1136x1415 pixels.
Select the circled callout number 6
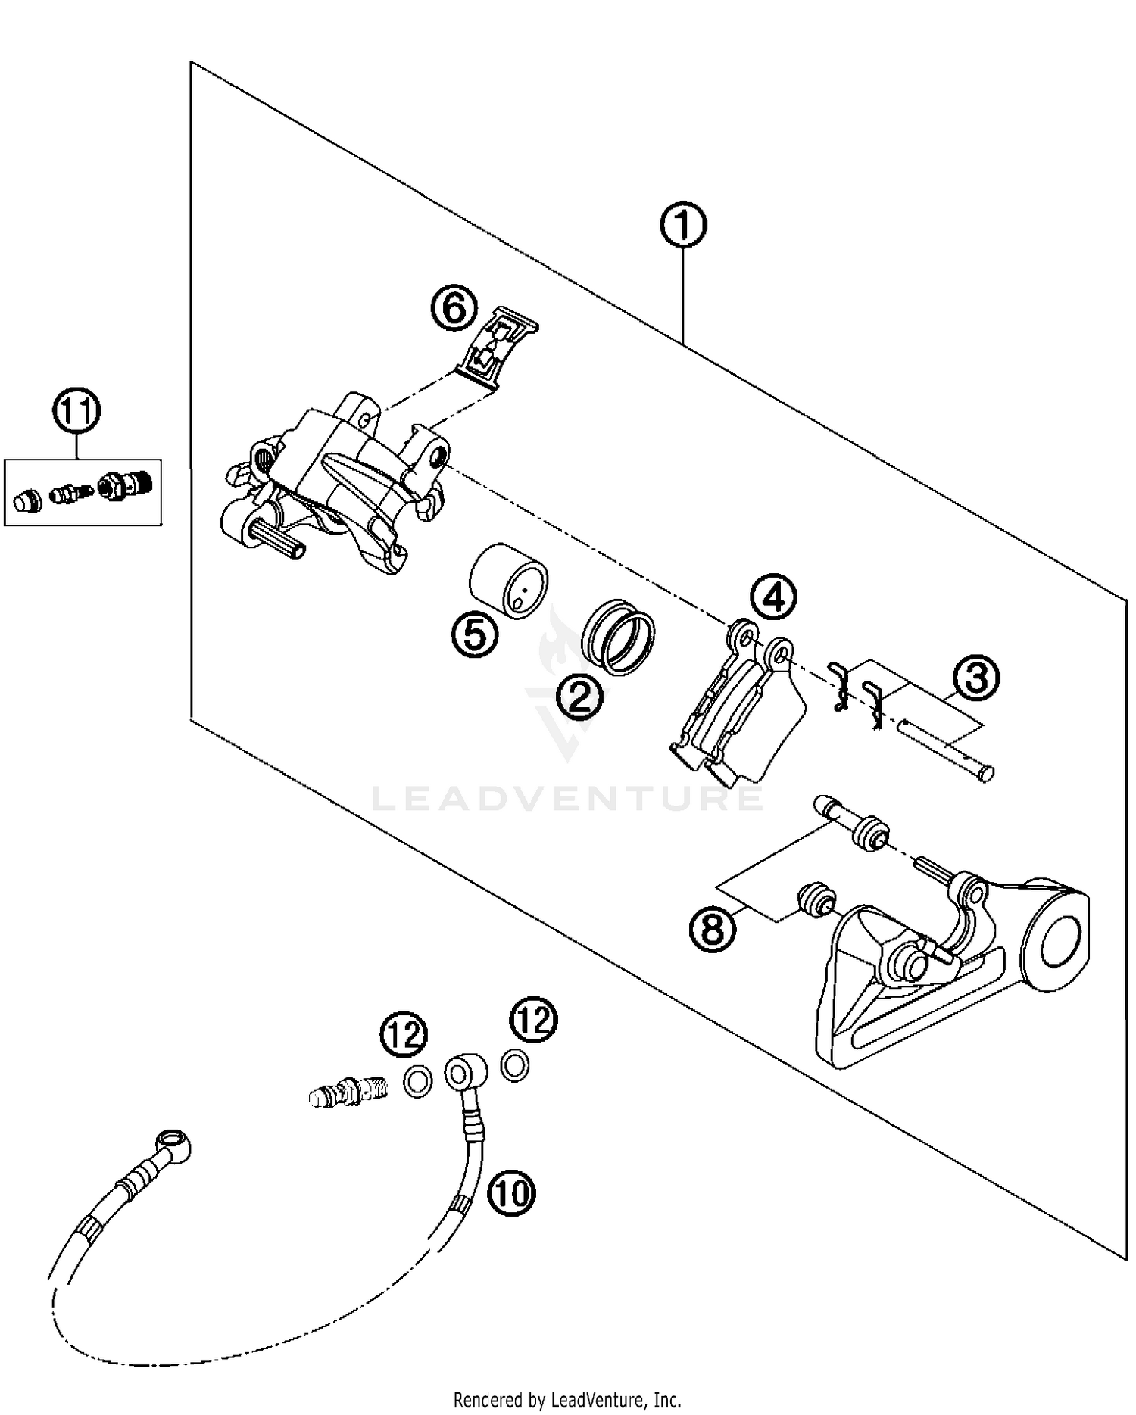pos(455,308)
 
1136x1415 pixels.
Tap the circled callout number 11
pos(76,412)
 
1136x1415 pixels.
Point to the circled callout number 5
pos(475,634)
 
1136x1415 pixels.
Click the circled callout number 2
pos(579,695)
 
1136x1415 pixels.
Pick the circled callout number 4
pos(773,597)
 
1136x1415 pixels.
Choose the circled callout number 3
pos(976,678)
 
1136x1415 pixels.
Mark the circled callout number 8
pos(713,928)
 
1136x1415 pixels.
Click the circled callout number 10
pos(512,1194)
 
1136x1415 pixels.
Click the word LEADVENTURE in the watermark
pos(567,798)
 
